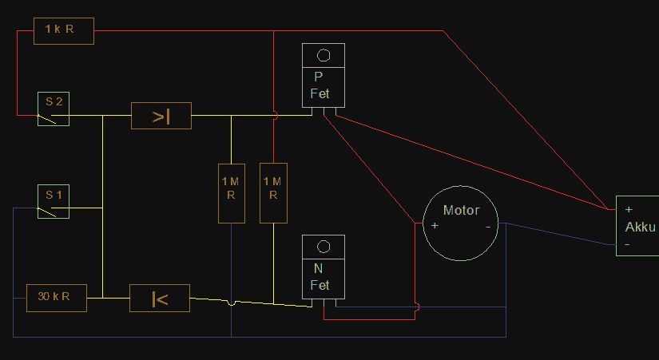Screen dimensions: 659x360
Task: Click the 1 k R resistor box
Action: click(64, 31)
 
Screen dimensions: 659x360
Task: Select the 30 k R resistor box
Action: click(57, 298)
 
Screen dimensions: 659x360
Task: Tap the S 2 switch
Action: click(54, 109)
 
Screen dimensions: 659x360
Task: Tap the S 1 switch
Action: click(54, 201)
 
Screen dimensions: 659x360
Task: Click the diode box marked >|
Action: click(161, 116)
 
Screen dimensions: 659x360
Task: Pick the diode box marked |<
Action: click(160, 299)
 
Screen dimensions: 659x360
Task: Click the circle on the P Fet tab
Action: click(324, 55)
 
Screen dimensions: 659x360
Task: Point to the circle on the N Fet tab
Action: click(324, 247)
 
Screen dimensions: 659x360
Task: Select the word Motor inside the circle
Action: click(461, 210)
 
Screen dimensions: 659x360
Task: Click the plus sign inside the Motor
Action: click(435, 226)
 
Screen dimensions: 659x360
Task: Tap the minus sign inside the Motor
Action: click(488, 227)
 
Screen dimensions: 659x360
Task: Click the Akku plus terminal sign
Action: click(629, 209)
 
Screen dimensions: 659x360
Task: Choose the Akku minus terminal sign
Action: click(627, 244)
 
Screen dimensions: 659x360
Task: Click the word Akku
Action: click(640, 227)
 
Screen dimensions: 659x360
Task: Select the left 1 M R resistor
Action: click(232, 193)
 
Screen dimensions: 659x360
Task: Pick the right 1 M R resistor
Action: click(274, 193)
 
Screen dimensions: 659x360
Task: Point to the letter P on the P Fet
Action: click(319, 77)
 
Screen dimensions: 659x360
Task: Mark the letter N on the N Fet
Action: click(319, 268)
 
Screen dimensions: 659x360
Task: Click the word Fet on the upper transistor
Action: click(320, 93)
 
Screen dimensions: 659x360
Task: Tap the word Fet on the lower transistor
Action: click(320, 285)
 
